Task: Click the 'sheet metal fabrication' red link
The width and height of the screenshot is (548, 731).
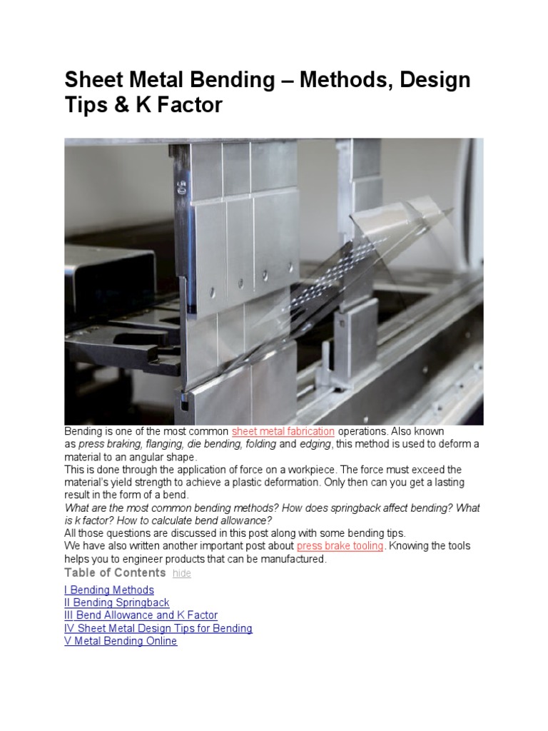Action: pyautogui.click(x=283, y=432)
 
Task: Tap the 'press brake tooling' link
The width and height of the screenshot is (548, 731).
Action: pyautogui.click(x=340, y=546)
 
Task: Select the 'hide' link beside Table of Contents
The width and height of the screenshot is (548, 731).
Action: pyautogui.click(x=182, y=574)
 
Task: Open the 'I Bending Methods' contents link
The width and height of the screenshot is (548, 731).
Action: pyautogui.click(x=109, y=590)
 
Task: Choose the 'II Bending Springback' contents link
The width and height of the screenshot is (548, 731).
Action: pyautogui.click(x=117, y=603)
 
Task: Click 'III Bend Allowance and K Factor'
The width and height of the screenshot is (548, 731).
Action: pyautogui.click(x=141, y=615)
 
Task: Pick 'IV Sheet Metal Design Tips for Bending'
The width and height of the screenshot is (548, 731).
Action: pyautogui.click(x=158, y=628)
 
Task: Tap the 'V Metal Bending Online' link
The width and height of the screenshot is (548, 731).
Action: pyautogui.click(x=121, y=641)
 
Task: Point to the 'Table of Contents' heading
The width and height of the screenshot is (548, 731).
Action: pyautogui.click(x=115, y=573)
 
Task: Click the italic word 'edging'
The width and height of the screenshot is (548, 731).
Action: pyautogui.click(x=315, y=444)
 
